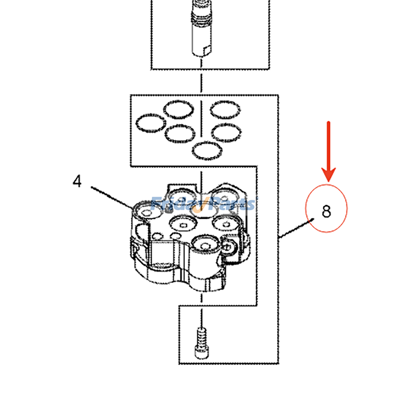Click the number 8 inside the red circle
[326, 211]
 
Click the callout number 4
[77, 181]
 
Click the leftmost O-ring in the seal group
[150, 123]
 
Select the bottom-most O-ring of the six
[207, 151]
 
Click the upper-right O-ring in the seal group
[225, 110]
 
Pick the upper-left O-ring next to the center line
[178, 109]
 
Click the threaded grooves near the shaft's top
[202, 19]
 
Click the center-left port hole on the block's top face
[183, 224]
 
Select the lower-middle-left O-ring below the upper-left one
[180, 133]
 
